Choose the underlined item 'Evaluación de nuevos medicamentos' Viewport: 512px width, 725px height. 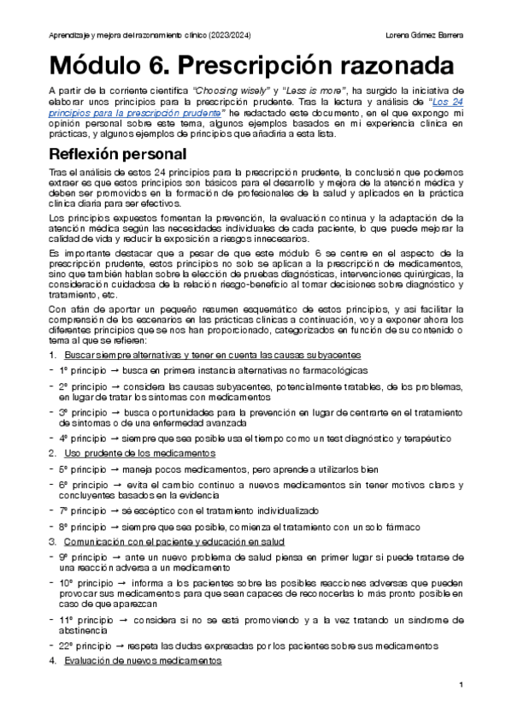(x=143, y=661)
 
